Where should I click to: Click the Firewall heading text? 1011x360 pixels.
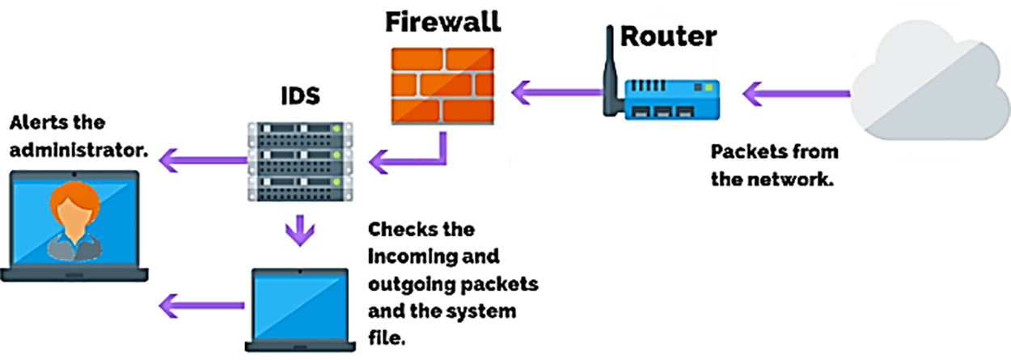tap(442, 22)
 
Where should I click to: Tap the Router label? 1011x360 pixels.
tap(668, 36)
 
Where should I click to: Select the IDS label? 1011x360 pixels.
tap(300, 95)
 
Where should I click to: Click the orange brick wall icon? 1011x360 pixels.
tap(442, 86)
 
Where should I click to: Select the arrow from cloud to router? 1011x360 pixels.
tap(797, 94)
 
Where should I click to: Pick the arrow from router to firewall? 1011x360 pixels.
tap(556, 92)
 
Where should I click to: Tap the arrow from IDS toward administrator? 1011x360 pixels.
tap(204, 160)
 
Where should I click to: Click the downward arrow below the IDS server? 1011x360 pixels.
tap(300, 231)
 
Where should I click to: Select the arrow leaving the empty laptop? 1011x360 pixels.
tap(201, 306)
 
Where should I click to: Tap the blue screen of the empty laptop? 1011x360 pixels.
tap(300, 307)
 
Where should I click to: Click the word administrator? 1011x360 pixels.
tap(79, 150)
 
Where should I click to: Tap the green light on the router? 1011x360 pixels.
tap(709, 87)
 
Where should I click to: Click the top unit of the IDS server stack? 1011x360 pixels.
tap(300, 133)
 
